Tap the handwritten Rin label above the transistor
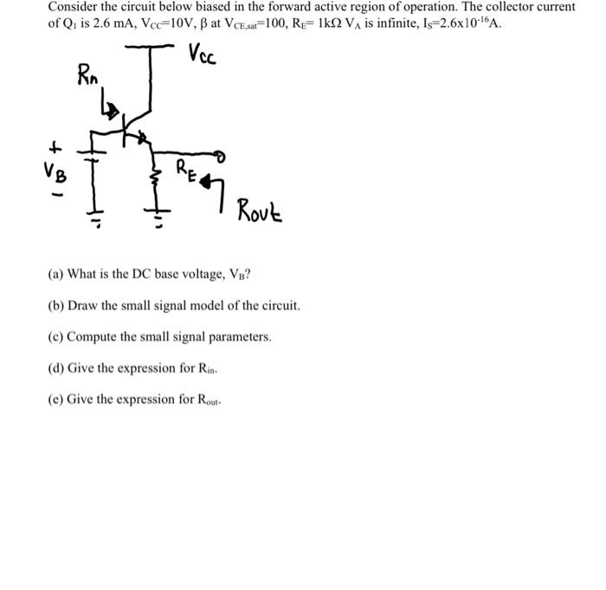[x=88, y=75]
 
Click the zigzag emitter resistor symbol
[x=156, y=183]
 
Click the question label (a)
[x=55, y=276]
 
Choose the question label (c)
[x=55, y=336]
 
